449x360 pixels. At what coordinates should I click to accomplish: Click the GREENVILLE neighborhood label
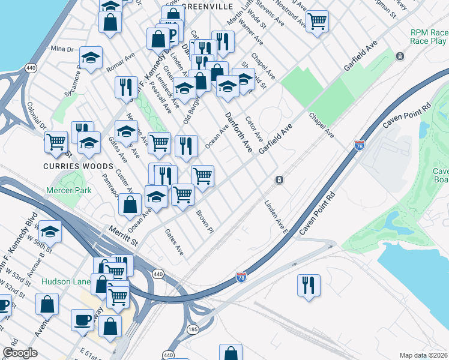coord(206,6)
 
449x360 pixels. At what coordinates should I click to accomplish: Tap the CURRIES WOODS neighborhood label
coord(78,166)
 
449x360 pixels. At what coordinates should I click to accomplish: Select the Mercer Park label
coord(69,190)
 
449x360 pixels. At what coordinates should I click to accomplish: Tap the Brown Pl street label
coord(204,221)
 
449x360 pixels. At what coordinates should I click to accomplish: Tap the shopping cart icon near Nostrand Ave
coord(318,21)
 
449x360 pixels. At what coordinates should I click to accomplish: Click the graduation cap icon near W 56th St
coord(51,230)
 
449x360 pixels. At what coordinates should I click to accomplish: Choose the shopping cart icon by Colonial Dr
coord(56,142)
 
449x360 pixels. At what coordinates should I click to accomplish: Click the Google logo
coord(20,353)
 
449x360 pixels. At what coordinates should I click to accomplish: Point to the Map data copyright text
coord(423,355)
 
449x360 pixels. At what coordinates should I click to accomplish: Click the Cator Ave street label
coord(254,129)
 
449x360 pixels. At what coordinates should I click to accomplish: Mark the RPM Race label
coord(427,32)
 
